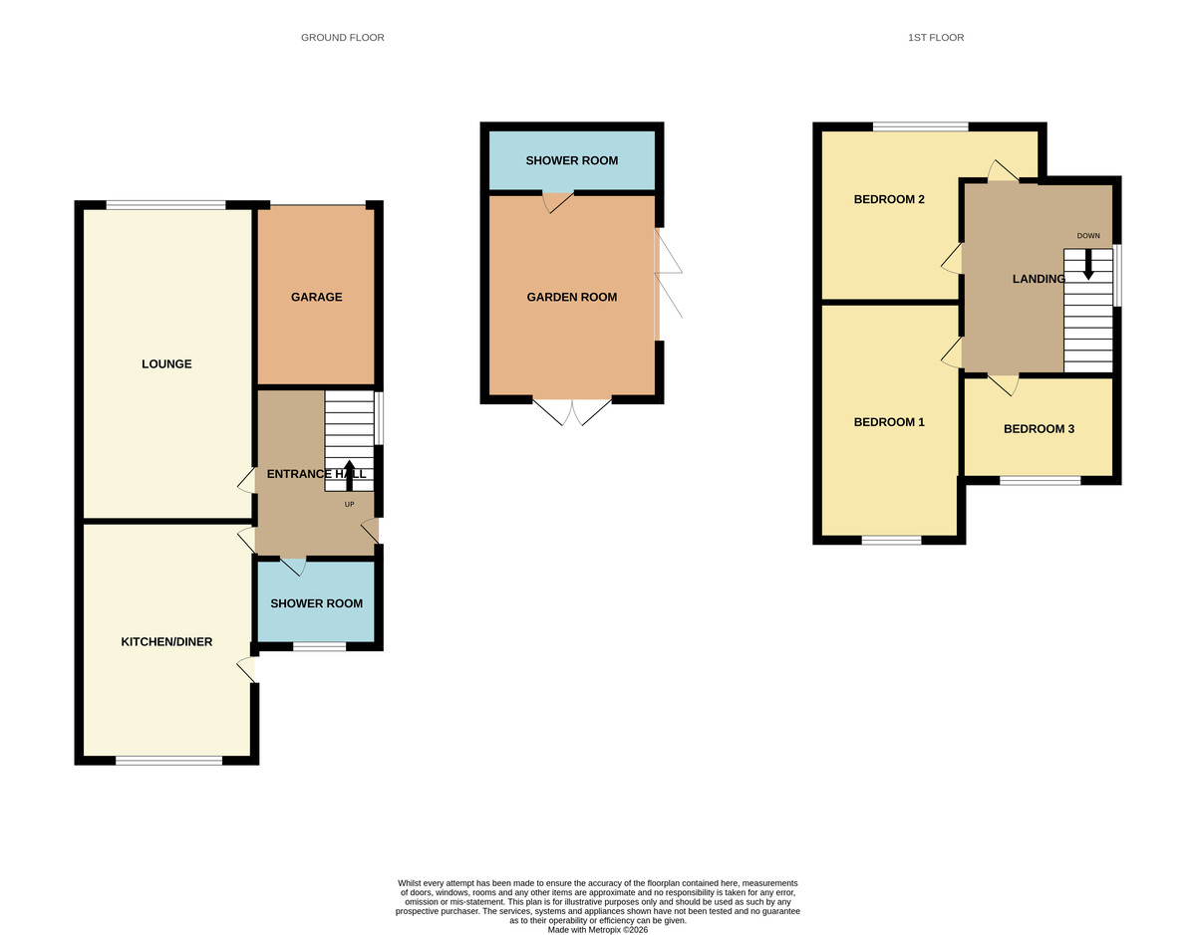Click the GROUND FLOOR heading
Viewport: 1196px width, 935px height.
pos(342,38)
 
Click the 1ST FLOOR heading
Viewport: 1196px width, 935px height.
pos(935,38)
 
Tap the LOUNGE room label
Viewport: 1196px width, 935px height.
pos(166,364)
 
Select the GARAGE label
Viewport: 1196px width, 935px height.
pos(316,297)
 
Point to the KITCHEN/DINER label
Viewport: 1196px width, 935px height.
pos(166,642)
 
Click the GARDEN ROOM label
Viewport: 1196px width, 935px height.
pos(572,297)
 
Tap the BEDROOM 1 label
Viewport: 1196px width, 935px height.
pos(889,422)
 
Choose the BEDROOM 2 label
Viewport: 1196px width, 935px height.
pos(889,199)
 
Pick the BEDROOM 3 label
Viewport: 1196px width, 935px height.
pos(1039,429)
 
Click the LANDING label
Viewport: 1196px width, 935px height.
pos(1039,279)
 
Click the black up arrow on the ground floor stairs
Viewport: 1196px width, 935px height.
pos(349,474)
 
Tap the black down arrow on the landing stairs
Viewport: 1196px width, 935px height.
pos(1088,264)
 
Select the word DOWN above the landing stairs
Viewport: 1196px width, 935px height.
pos(1088,236)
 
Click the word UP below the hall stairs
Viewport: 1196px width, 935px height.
pos(349,504)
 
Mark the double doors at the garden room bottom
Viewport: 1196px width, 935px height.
pos(572,410)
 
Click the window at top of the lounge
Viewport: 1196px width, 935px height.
pos(165,205)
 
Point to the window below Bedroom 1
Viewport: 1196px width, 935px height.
pos(891,540)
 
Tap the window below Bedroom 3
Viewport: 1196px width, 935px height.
pos(1040,480)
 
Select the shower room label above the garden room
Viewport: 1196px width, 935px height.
pos(572,160)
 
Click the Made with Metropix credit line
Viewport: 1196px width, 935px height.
pos(598,930)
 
